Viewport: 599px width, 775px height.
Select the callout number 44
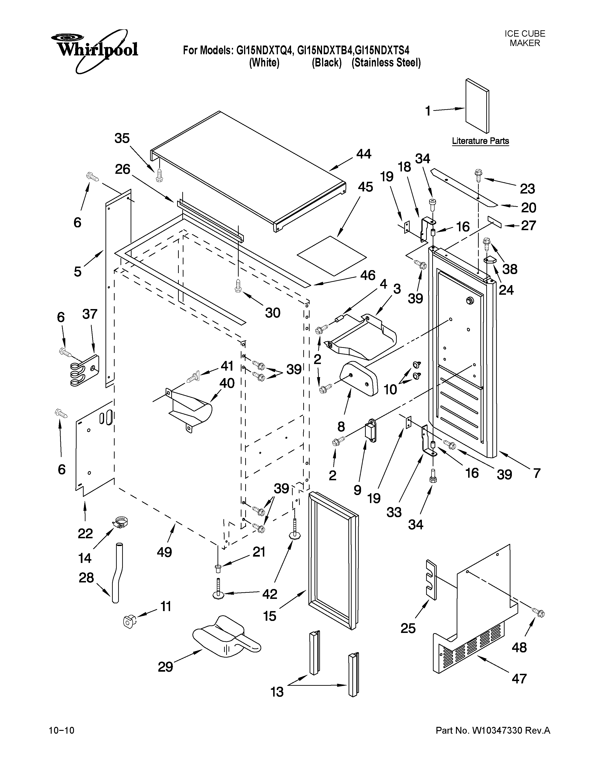[363, 154]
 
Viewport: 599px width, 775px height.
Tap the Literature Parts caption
[480, 141]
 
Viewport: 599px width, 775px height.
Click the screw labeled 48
[539, 612]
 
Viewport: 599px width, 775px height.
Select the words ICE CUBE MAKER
[525, 38]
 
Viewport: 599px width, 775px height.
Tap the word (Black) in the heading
[327, 63]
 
